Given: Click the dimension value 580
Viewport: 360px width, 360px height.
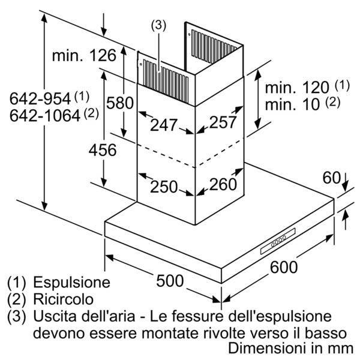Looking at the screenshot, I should pos(119,103).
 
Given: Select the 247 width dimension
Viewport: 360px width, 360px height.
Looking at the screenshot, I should pos(164,125).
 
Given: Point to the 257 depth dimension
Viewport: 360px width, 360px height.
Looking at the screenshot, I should pos(224,122).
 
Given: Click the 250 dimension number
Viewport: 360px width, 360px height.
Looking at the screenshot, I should pos(164,187).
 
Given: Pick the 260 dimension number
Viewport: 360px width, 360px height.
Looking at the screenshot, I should pos(223,184).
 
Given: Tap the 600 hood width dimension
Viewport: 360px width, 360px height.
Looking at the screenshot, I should pos(283,267).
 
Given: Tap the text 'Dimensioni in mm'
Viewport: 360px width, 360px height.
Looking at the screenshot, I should pos(292,348).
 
